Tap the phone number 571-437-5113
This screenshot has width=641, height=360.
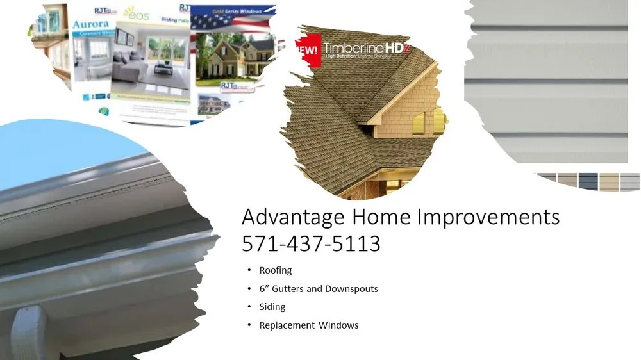pyautogui.click(x=311, y=244)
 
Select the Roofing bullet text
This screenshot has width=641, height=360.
pyautogui.click(x=276, y=270)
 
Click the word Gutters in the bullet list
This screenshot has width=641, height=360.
pyautogui.click(x=288, y=289)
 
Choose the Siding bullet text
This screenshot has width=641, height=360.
pyautogui.click(x=272, y=307)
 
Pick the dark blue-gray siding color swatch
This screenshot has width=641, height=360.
pyautogui.click(x=588, y=182)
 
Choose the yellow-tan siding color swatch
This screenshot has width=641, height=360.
pyautogui.click(x=609, y=182)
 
